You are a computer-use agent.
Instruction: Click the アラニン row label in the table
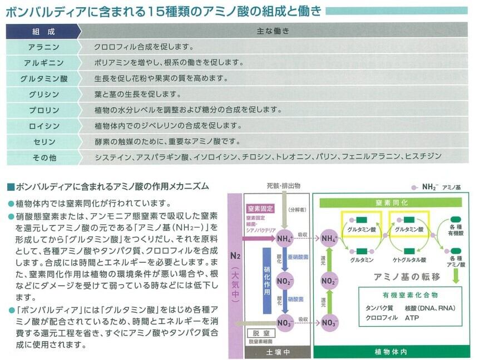click(43, 47)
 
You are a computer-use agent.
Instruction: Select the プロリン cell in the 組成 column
click(43, 110)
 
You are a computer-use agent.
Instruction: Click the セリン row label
click(43, 142)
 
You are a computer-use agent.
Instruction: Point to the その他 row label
click(43, 158)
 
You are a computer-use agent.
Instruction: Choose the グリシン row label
click(43, 94)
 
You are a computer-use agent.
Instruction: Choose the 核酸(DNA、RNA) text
click(431, 308)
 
